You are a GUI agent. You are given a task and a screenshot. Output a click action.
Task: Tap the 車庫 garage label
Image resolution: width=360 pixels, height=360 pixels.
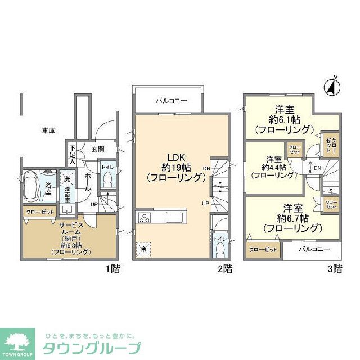[48, 130]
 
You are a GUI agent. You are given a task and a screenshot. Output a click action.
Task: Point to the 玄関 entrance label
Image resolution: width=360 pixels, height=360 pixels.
[98, 149]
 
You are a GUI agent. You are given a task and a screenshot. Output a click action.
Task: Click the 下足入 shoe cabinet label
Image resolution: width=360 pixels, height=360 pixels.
[72, 154]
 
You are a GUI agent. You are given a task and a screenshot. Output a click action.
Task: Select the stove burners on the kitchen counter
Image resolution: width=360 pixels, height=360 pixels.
[145, 218]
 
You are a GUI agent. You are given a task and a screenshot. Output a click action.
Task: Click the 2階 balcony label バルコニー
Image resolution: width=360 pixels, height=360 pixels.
[171, 101]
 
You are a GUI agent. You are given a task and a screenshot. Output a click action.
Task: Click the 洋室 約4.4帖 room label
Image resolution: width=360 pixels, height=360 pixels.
[274, 166]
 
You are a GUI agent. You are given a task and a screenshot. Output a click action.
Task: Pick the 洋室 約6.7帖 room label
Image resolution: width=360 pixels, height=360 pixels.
[290, 217]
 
